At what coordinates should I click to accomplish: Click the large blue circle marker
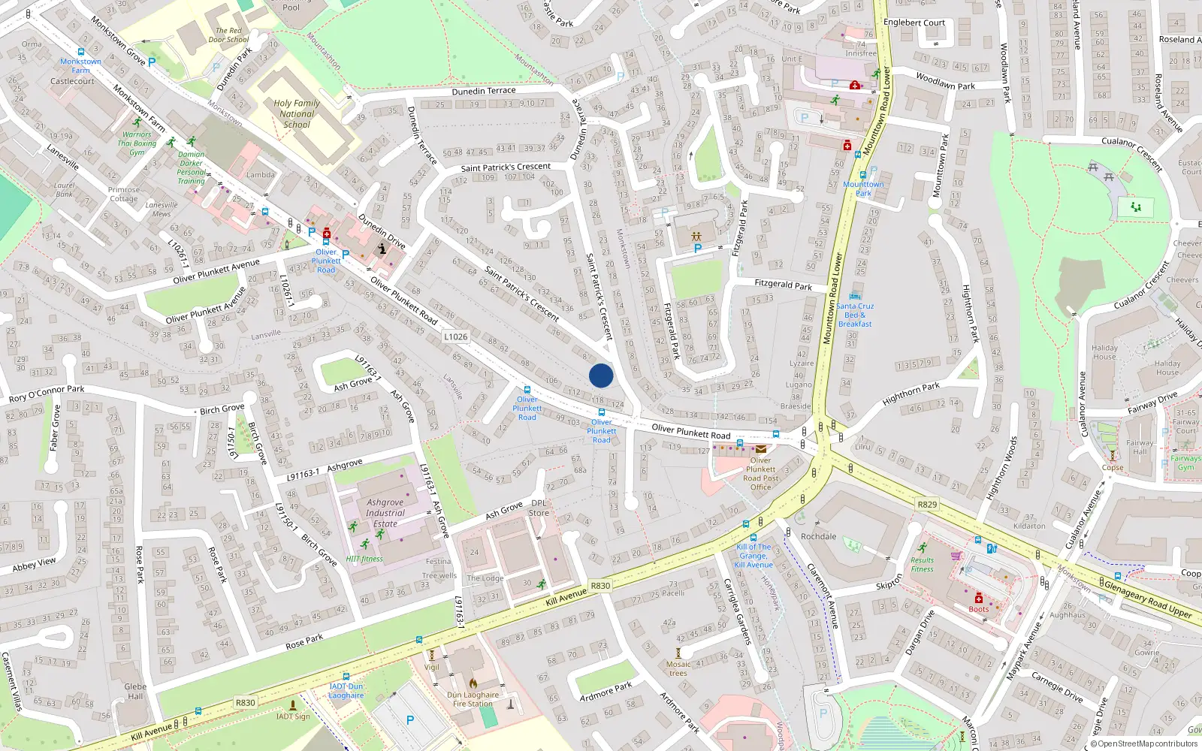(601, 375)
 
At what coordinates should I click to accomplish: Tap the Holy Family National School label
(297, 114)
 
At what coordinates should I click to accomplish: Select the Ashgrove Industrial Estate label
(385, 513)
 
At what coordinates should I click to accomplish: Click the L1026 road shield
(455, 336)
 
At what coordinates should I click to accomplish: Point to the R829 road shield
(927, 504)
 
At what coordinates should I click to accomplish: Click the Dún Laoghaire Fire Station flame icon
(473, 683)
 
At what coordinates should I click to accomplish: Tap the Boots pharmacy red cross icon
(979, 598)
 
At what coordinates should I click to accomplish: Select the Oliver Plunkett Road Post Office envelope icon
(761, 449)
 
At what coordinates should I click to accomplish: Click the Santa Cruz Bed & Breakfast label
(855, 315)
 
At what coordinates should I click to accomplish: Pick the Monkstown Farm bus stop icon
(81, 52)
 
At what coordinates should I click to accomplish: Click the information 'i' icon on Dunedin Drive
(382, 249)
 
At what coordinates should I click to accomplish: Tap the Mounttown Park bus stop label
(863, 189)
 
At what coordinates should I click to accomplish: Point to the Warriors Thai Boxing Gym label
(137, 143)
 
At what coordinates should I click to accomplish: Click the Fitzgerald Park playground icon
(696, 237)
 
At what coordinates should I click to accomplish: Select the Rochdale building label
(818, 536)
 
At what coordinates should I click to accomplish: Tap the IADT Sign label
(292, 716)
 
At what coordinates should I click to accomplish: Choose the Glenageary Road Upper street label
(1147, 598)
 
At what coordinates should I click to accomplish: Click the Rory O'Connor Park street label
(47, 393)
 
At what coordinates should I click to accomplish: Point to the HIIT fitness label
(364, 559)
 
